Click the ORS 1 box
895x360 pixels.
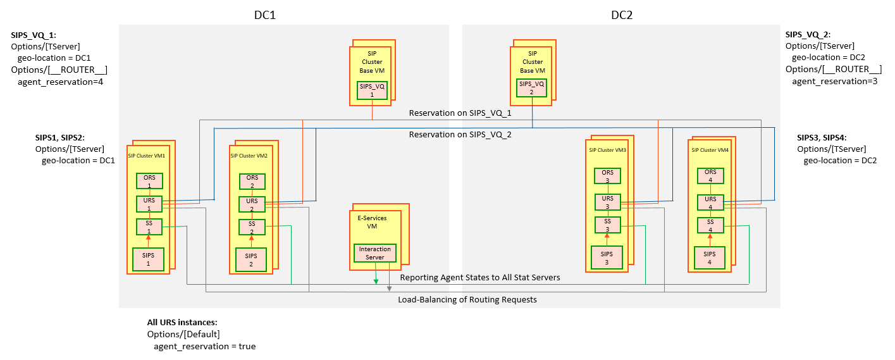[x=150, y=180]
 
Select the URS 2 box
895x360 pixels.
[x=252, y=204]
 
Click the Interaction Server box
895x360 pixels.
[x=375, y=252]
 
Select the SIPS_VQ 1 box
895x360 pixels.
[x=372, y=89]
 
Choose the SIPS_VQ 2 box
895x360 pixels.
[x=532, y=87]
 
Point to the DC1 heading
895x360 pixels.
[x=261, y=15]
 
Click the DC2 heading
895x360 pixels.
[x=621, y=15]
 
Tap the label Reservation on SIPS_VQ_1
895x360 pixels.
[x=460, y=113]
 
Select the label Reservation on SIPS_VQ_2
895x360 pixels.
[x=460, y=135]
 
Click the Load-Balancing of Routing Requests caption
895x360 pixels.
[x=467, y=299]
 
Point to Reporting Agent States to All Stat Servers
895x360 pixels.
[x=480, y=277]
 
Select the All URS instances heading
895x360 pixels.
[x=183, y=322]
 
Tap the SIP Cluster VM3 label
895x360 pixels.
[x=607, y=150]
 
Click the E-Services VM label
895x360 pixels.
[x=376, y=221]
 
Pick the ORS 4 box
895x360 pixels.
[x=710, y=175]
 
